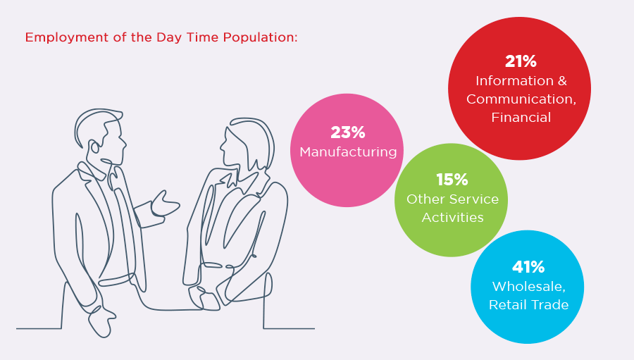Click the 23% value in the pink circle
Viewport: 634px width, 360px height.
point(347,132)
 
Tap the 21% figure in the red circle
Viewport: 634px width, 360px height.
point(521,61)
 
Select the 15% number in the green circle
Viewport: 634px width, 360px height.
point(452,180)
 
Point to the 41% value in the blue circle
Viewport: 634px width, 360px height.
point(528,267)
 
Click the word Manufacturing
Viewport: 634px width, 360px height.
point(348,151)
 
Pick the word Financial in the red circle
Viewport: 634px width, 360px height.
point(521,118)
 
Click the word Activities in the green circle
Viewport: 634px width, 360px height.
point(452,217)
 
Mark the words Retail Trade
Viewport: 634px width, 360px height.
point(528,304)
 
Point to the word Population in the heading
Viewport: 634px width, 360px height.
point(262,37)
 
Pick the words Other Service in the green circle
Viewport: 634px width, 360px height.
point(452,199)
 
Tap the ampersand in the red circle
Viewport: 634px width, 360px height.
point(562,81)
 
